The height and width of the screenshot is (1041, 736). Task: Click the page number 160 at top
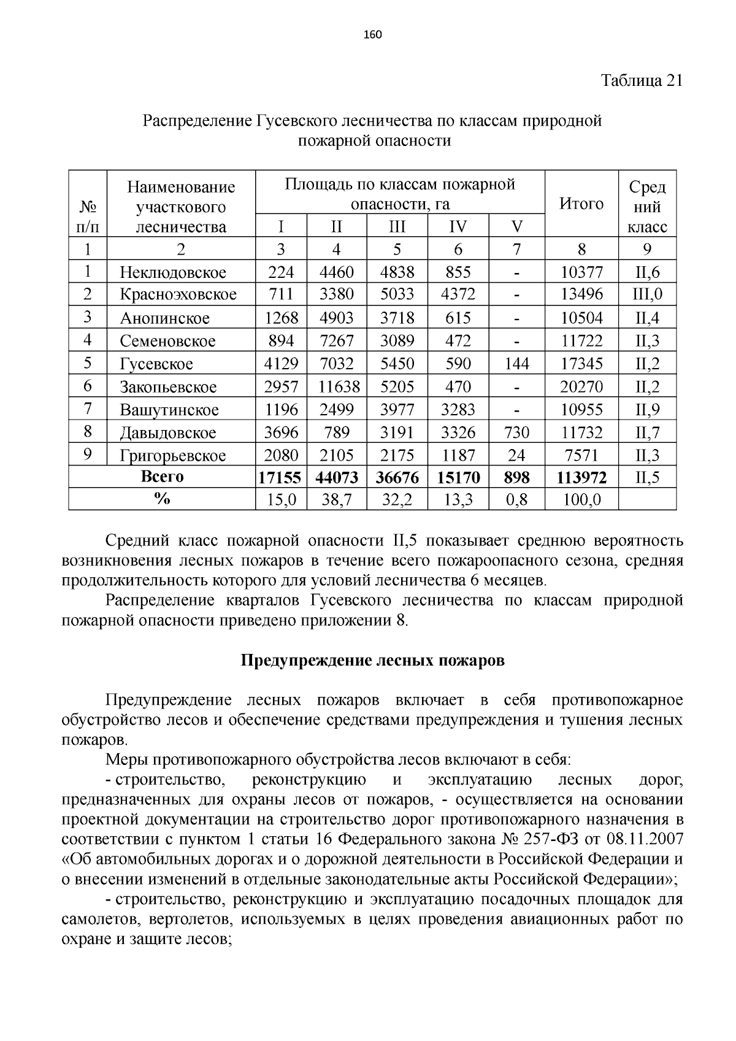[x=372, y=34]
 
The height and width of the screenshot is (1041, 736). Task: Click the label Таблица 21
[x=641, y=80]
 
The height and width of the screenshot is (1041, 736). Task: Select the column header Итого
[x=581, y=204]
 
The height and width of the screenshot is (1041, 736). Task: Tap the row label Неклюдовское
[x=173, y=272]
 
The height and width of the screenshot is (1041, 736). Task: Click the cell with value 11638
[x=337, y=387]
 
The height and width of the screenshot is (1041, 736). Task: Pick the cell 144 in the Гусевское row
[x=516, y=364]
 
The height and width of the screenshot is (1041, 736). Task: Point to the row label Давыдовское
[x=168, y=433]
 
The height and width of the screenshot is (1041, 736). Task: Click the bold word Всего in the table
[x=162, y=477]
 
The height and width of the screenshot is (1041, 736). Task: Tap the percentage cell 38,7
[x=337, y=501]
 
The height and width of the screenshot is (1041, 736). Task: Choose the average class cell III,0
[x=647, y=294]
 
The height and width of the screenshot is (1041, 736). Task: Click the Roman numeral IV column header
[x=458, y=227]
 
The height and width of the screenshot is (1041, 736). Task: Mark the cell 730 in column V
[x=516, y=433]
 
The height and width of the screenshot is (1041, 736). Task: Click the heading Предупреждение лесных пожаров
[x=372, y=661]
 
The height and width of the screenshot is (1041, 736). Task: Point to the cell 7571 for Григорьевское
[x=581, y=456]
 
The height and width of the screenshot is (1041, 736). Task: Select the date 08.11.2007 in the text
[x=644, y=839]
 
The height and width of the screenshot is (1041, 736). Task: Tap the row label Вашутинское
[x=169, y=410]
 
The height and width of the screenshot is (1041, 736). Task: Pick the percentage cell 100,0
[x=581, y=501]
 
